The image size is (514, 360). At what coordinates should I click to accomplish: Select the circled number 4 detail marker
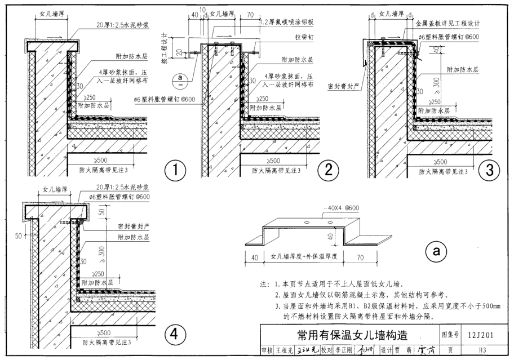coord(175,335)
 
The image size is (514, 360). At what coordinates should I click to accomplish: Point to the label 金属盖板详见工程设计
coord(447,24)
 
